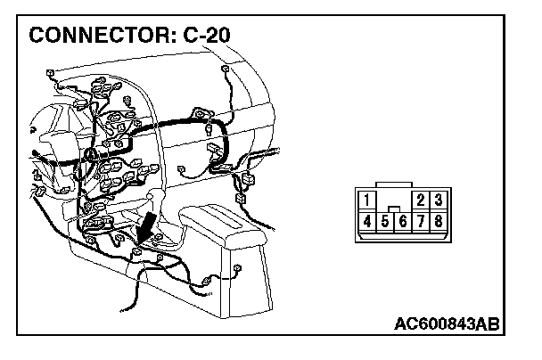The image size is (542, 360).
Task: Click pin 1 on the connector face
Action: click(x=369, y=200)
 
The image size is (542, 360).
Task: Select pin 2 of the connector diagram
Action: click(x=421, y=200)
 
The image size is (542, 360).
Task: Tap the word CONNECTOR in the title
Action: click(x=104, y=37)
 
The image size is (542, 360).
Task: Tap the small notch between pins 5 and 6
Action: click(x=394, y=209)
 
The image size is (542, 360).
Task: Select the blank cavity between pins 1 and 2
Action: click(x=395, y=199)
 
